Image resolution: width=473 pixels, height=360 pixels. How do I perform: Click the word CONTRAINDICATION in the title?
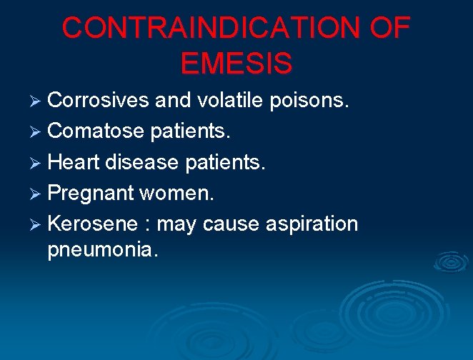point(211,29)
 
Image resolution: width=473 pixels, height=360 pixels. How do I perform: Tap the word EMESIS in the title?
point(236,63)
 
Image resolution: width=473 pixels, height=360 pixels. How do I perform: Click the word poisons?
point(309,101)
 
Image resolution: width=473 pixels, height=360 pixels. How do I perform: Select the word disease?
point(141,162)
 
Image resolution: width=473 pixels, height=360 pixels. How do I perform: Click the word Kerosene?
point(92,224)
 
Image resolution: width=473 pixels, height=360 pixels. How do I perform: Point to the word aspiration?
point(312,224)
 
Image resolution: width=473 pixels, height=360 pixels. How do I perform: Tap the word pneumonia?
point(103,251)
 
